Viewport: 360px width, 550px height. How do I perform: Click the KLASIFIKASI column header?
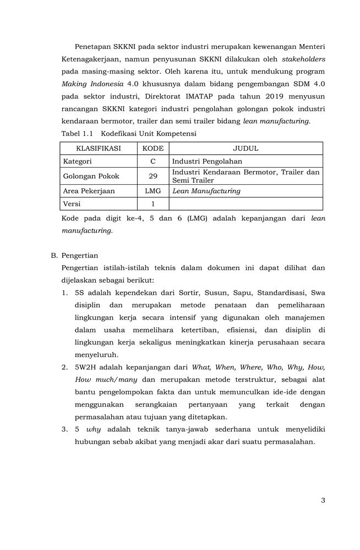pos(99,148)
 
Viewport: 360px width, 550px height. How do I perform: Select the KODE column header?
pos(153,148)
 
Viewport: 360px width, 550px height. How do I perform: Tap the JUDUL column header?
pos(246,148)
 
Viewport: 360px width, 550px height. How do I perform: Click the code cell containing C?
pos(153,162)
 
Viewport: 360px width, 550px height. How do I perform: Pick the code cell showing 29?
pos(153,177)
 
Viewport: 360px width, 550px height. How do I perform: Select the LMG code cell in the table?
pos(153,191)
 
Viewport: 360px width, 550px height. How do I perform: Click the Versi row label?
pos(72,204)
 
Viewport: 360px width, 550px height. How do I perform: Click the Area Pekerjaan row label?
pos(89,191)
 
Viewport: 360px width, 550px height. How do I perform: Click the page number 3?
pos(323,501)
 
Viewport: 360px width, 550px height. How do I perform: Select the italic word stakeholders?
pos(303,59)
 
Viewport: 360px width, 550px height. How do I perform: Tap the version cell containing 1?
pos(153,204)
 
